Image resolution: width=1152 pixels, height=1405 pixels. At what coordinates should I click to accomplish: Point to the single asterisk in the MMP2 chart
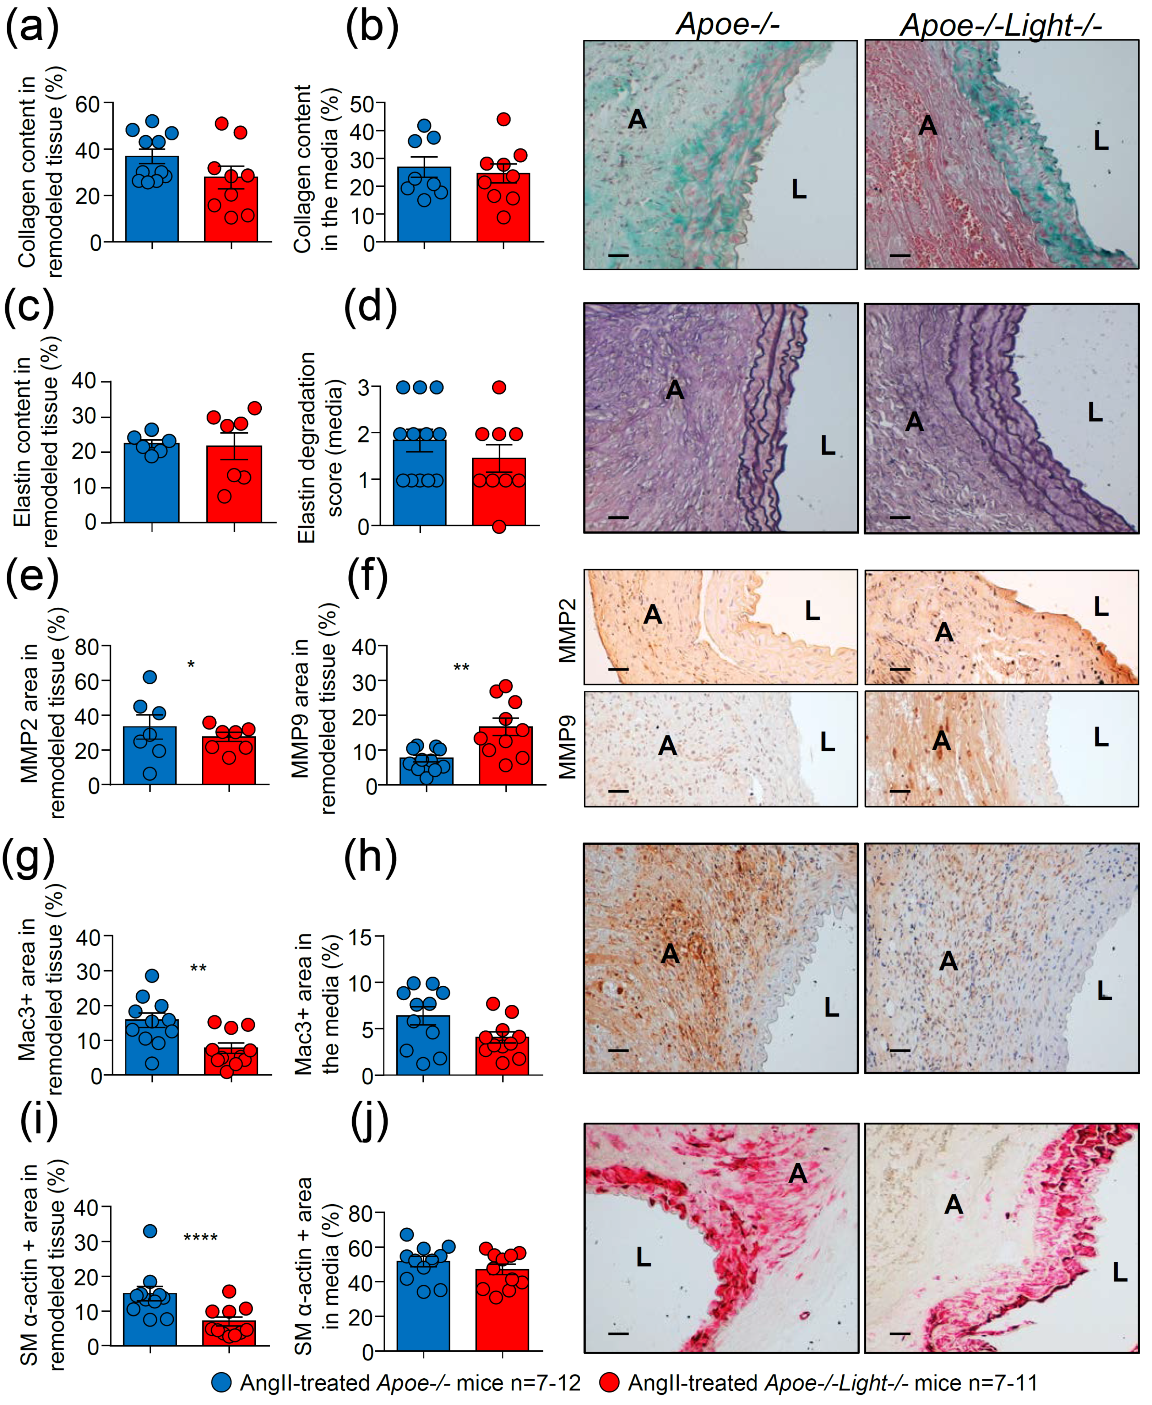(x=191, y=665)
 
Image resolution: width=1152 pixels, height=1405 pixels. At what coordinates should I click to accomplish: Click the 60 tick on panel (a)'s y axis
(x=87, y=104)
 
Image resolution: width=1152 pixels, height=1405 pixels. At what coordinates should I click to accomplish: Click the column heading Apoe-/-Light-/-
(x=1001, y=25)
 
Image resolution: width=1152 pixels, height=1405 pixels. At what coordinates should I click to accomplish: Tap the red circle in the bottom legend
(x=609, y=1383)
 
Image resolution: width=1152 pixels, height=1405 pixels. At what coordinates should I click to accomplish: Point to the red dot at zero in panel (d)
(x=499, y=527)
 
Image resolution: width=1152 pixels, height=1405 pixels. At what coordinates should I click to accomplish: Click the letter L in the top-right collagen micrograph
(x=1101, y=140)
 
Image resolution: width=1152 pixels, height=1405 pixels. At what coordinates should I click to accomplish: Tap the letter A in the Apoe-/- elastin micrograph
(x=674, y=390)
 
